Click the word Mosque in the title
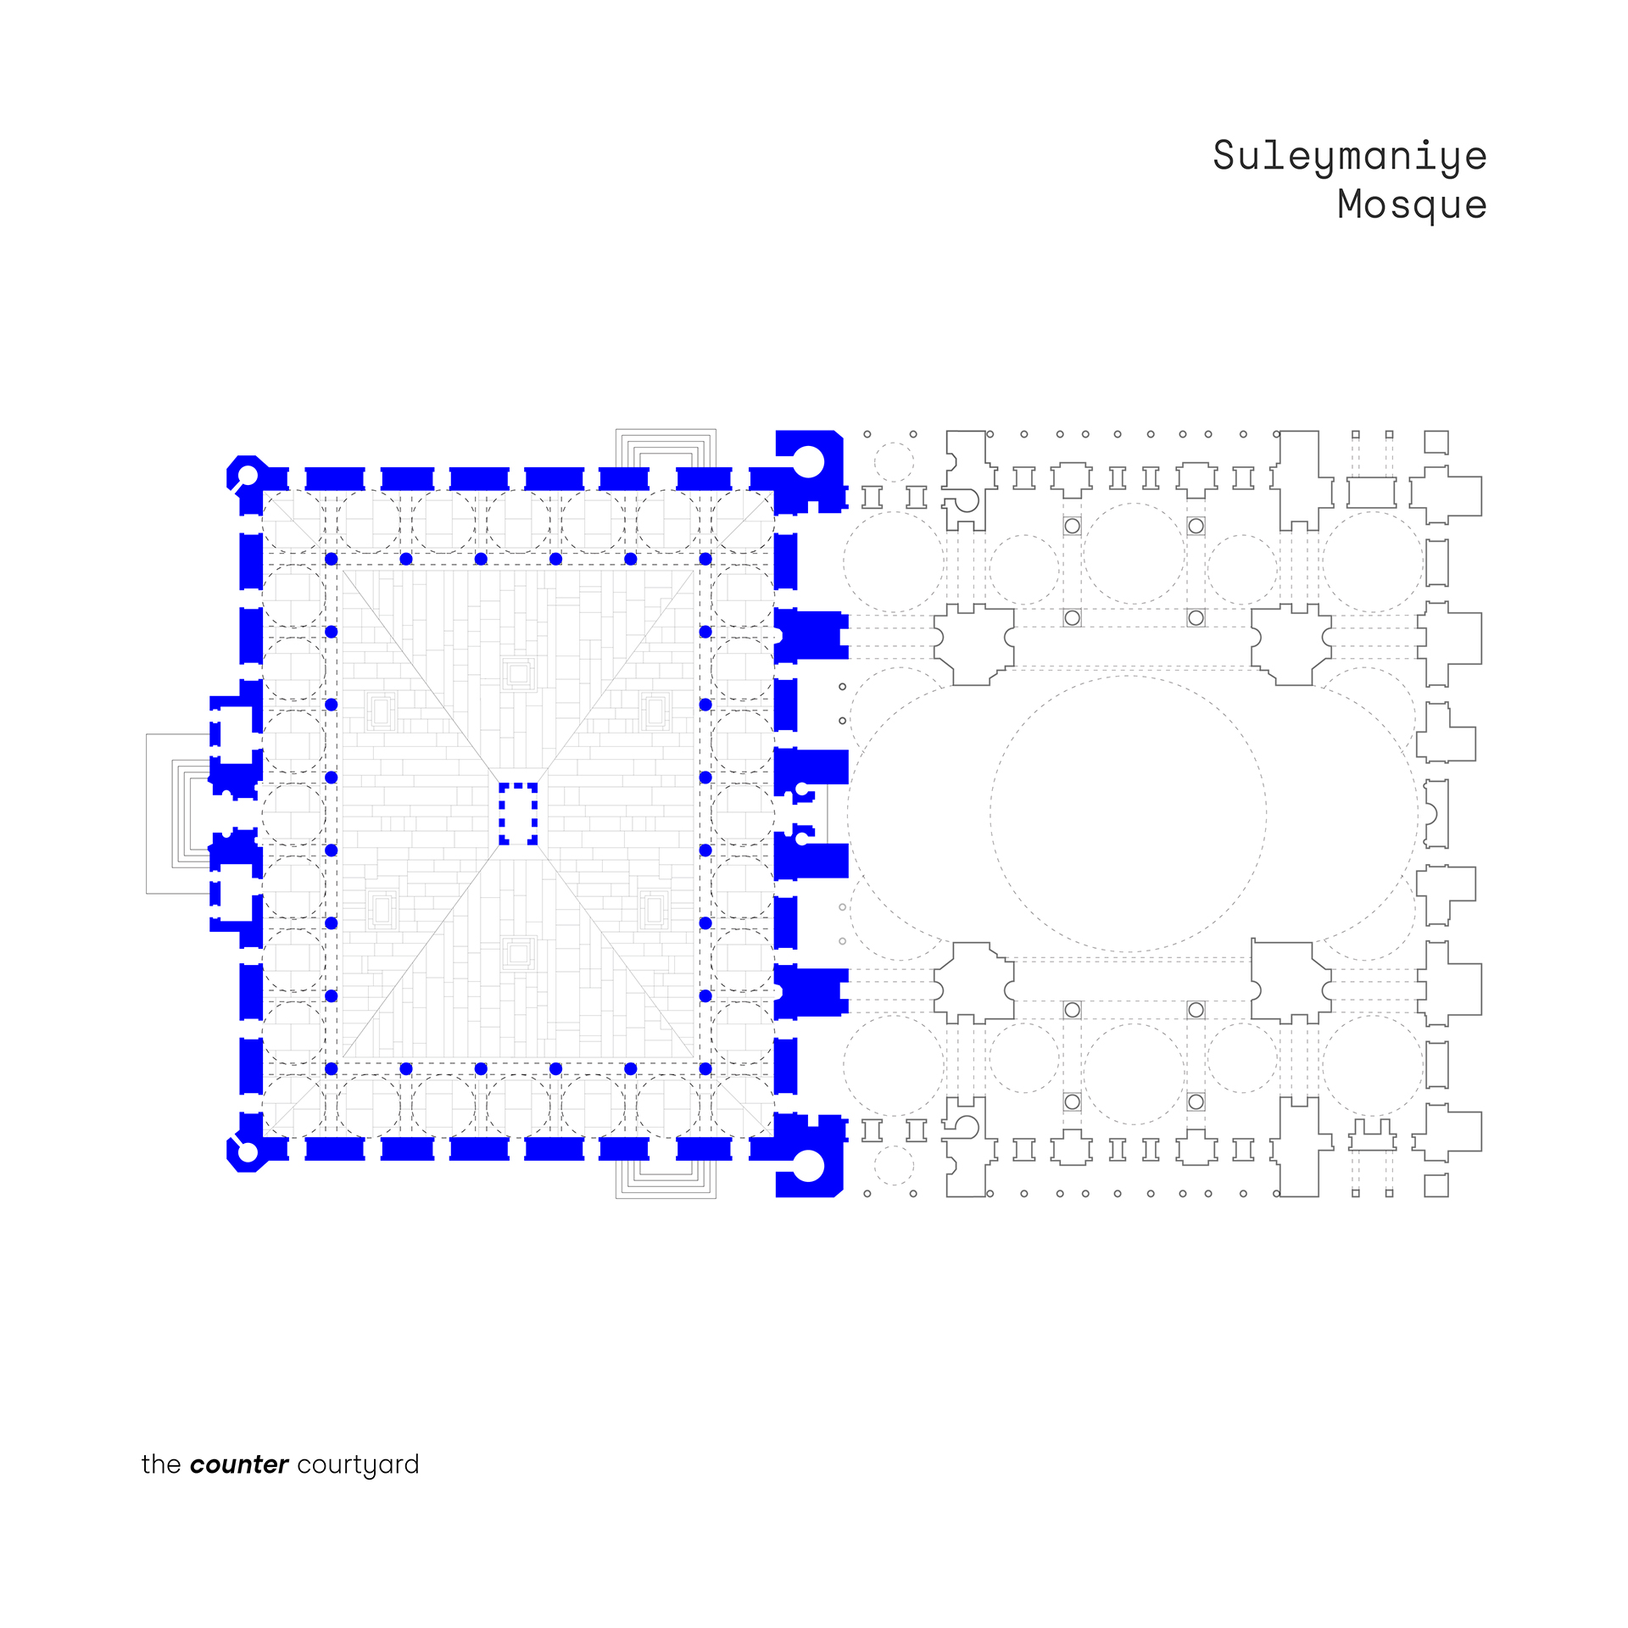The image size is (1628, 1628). [1411, 205]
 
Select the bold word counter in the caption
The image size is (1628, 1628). [239, 1464]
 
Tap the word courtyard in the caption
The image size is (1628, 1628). [358, 1465]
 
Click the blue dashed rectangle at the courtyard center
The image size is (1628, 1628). [518, 813]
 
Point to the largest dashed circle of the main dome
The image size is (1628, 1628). [1128, 813]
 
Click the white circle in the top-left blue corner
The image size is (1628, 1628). [247, 474]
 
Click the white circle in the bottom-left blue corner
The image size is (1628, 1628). [247, 1151]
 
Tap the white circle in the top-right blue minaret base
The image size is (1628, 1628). [808, 461]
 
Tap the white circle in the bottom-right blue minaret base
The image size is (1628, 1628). [808, 1166]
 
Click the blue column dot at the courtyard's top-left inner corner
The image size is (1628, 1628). [332, 560]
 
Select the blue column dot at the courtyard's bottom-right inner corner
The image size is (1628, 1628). [705, 1069]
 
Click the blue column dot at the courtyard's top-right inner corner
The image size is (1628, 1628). [705, 560]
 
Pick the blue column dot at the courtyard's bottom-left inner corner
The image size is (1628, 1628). [332, 1069]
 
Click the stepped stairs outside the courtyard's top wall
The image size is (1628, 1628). [666, 449]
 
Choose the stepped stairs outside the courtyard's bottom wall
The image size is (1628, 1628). [666, 1179]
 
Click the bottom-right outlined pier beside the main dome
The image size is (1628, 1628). [1289, 982]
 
